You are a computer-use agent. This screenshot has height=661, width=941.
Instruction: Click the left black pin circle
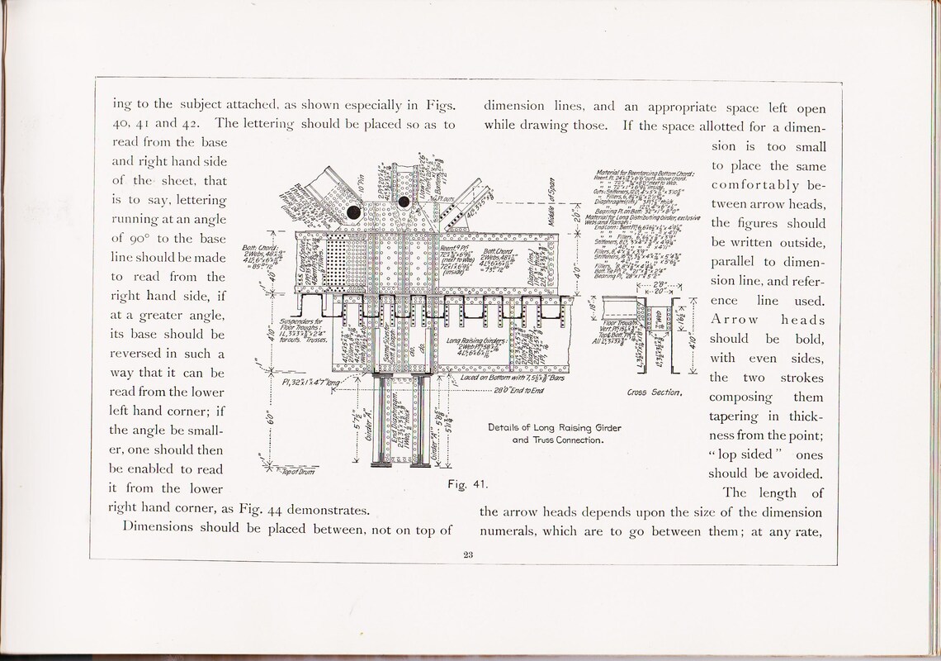click(354, 212)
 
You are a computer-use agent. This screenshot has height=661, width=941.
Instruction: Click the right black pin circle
click(404, 202)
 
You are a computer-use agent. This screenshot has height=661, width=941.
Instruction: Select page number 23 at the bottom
click(468, 555)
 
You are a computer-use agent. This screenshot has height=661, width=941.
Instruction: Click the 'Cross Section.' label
click(655, 392)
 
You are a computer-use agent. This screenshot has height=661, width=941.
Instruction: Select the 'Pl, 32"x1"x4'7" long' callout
click(310, 383)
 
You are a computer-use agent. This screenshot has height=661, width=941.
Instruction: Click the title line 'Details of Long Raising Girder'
click(554, 427)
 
